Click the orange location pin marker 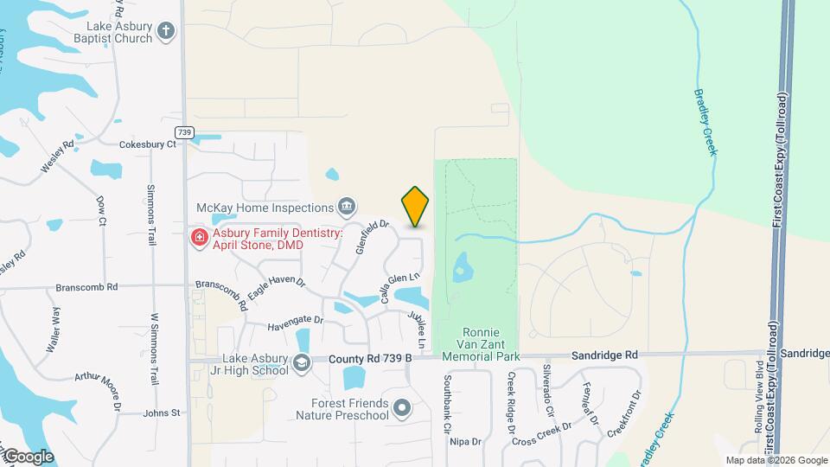click(416, 206)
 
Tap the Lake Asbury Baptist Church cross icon click(167, 32)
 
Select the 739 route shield click(183, 132)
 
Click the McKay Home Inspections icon click(346, 206)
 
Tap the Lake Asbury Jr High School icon click(301, 362)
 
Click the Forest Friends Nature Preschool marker click(401, 406)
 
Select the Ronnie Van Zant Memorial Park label click(480, 343)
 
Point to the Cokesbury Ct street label click(147, 144)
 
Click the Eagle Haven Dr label click(276, 288)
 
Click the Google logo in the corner click(28, 456)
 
